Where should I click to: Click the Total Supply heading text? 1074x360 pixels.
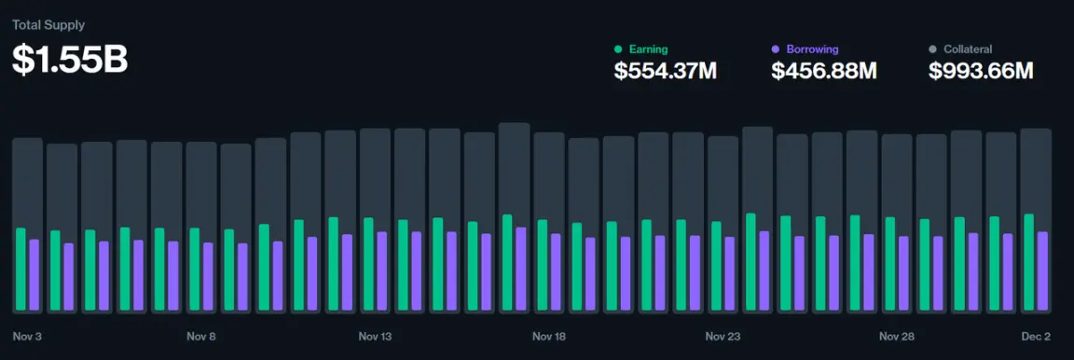[x=48, y=25]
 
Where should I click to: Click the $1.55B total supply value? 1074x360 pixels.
[x=70, y=59]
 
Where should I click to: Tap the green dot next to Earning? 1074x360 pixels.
[x=618, y=48]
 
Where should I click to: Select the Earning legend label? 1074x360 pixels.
[x=648, y=48]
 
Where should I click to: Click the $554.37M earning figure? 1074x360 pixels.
[x=666, y=71]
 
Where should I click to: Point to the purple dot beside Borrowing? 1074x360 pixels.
[x=776, y=48]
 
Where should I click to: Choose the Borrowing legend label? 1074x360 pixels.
[x=812, y=48]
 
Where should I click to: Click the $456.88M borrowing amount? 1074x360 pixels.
[x=824, y=71]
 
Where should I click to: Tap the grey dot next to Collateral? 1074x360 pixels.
[x=933, y=48]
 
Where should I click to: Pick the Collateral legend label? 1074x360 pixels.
[x=968, y=48]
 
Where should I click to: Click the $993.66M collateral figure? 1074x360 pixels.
[x=982, y=71]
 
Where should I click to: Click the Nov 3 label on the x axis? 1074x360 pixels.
[x=28, y=337]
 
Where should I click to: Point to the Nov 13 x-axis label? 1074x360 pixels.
[x=375, y=337]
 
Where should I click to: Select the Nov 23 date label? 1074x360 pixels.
[x=723, y=337]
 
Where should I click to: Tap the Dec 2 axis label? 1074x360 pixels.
[x=1036, y=337]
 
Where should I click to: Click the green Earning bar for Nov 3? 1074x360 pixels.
[x=21, y=270]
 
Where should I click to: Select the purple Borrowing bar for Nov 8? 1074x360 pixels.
[x=208, y=277]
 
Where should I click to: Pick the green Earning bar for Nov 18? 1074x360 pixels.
[x=542, y=266]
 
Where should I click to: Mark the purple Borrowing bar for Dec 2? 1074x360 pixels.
[x=1042, y=271]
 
